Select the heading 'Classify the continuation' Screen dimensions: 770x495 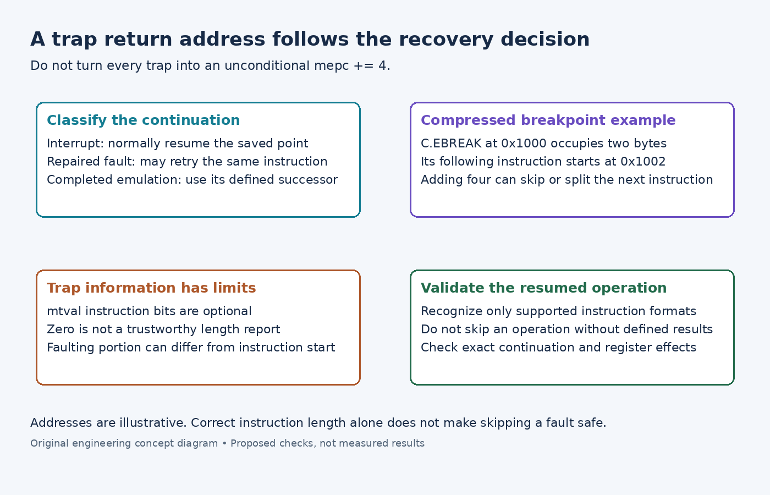click(x=144, y=120)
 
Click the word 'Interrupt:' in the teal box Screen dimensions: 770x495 click(x=75, y=144)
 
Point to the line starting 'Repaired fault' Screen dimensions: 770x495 click(x=187, y=162)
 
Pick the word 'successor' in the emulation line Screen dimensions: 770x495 click(x=308, y=180)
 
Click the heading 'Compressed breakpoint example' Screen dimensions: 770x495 click(x=548, y=120)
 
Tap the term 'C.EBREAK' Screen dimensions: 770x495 click(x=451, y=144)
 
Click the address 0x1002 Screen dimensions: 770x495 click(x=643, y=162)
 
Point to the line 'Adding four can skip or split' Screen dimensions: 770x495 click(x=567, y=180)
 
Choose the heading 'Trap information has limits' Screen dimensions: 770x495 click(x=152, y=288)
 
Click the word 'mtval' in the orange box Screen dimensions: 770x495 click(x=64, y=311)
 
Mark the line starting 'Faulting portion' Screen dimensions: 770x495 click(x=191, y=348)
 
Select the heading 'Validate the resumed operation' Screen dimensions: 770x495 click(x=544, y=288)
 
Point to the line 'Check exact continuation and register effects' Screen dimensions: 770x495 click(x=559, y=348)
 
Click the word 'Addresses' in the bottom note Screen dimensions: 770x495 click(x=61, y=423)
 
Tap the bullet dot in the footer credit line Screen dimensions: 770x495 click(x=224, y=444)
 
